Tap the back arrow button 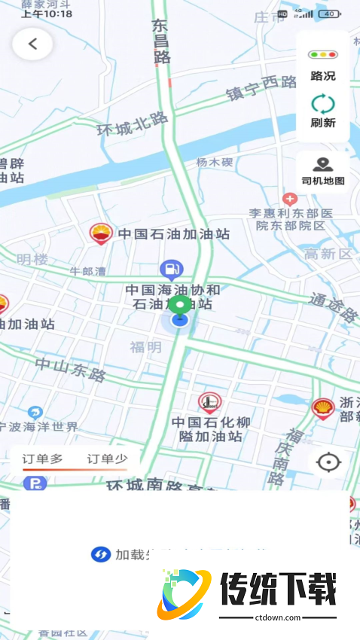(32, 44)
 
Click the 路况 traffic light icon (322, 55)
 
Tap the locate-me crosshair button (328, 462)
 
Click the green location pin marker (179, 305)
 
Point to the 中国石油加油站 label (172, 234)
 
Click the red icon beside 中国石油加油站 (100, 233)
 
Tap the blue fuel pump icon (172, 268)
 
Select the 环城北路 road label (133, 123)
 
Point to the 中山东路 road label (72, 369)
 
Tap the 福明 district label (145, 347)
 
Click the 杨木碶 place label (215, 163)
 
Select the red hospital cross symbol (290, 199)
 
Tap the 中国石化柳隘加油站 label (210, 429)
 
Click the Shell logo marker (322, 409)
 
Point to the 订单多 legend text (42, 459)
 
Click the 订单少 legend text (108, 459)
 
